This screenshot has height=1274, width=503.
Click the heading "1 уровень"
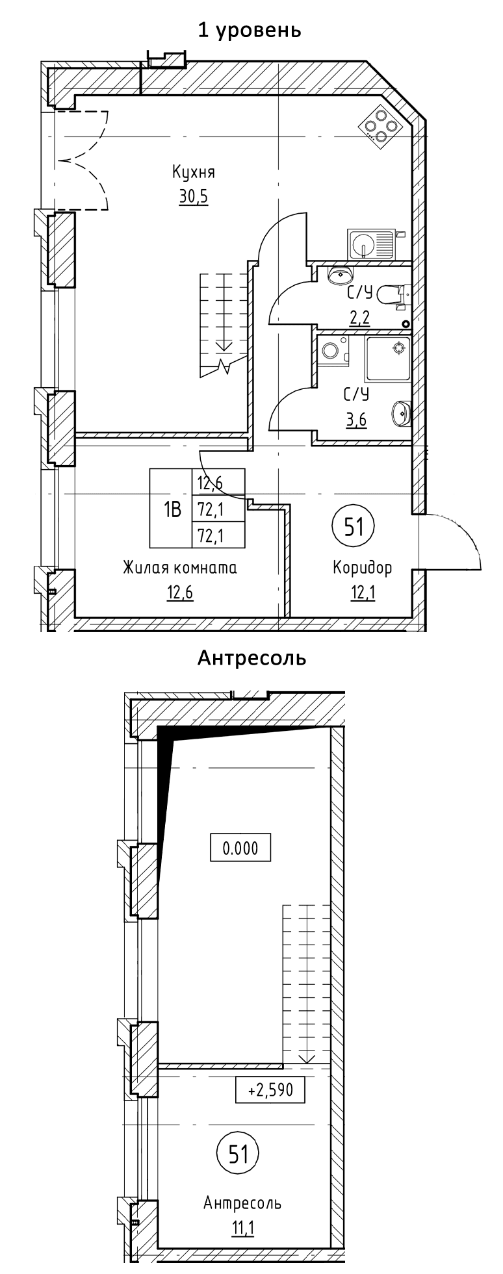click(250, 30)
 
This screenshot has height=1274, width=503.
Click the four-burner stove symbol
click(378, 122)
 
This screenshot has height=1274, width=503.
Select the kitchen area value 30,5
click(193, 196)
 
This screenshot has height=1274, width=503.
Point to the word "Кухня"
click(193, 172)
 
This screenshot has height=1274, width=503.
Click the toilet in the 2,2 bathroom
click(392, 295)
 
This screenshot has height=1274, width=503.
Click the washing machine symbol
click(333, 351)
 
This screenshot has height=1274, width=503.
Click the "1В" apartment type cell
click(171, 507)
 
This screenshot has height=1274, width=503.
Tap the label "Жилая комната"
click(180, 568)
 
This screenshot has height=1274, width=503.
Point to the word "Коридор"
click(362, 568)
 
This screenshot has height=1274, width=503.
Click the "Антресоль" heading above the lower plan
click(251, 659)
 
